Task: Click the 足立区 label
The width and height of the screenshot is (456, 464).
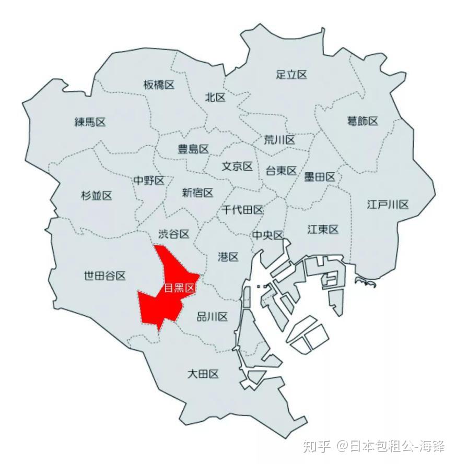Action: (x=291, y=75)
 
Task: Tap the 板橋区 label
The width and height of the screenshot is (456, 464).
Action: (x=159, y=85)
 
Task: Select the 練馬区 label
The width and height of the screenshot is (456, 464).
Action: (x=90, y=122)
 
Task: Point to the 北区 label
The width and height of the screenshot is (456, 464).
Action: (x=215, y=97)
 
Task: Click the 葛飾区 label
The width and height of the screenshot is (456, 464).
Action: (x=363, y=121)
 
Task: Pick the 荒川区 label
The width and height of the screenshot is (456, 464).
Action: (x=279, y=140)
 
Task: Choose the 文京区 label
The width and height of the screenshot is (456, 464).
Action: (x=238, y=166)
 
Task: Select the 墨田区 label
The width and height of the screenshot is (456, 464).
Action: (x=320, y=177)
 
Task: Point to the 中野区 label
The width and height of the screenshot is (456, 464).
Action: (x=149, y=181)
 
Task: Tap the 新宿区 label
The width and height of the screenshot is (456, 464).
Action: (x=197, y=193)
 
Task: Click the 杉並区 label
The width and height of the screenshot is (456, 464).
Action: (x=97, y=196)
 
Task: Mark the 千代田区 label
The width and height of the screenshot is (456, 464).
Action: (x=243, y=210)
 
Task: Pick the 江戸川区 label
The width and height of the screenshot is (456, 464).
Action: (x=388, y=204)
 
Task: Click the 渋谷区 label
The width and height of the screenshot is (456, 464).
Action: (x=173, y=234)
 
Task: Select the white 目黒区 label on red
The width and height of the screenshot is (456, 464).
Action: (x=179, y=289)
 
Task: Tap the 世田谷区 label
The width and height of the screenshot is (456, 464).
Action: (x=105, y=276)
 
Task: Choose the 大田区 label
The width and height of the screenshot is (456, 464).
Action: (x=203, y=374)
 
